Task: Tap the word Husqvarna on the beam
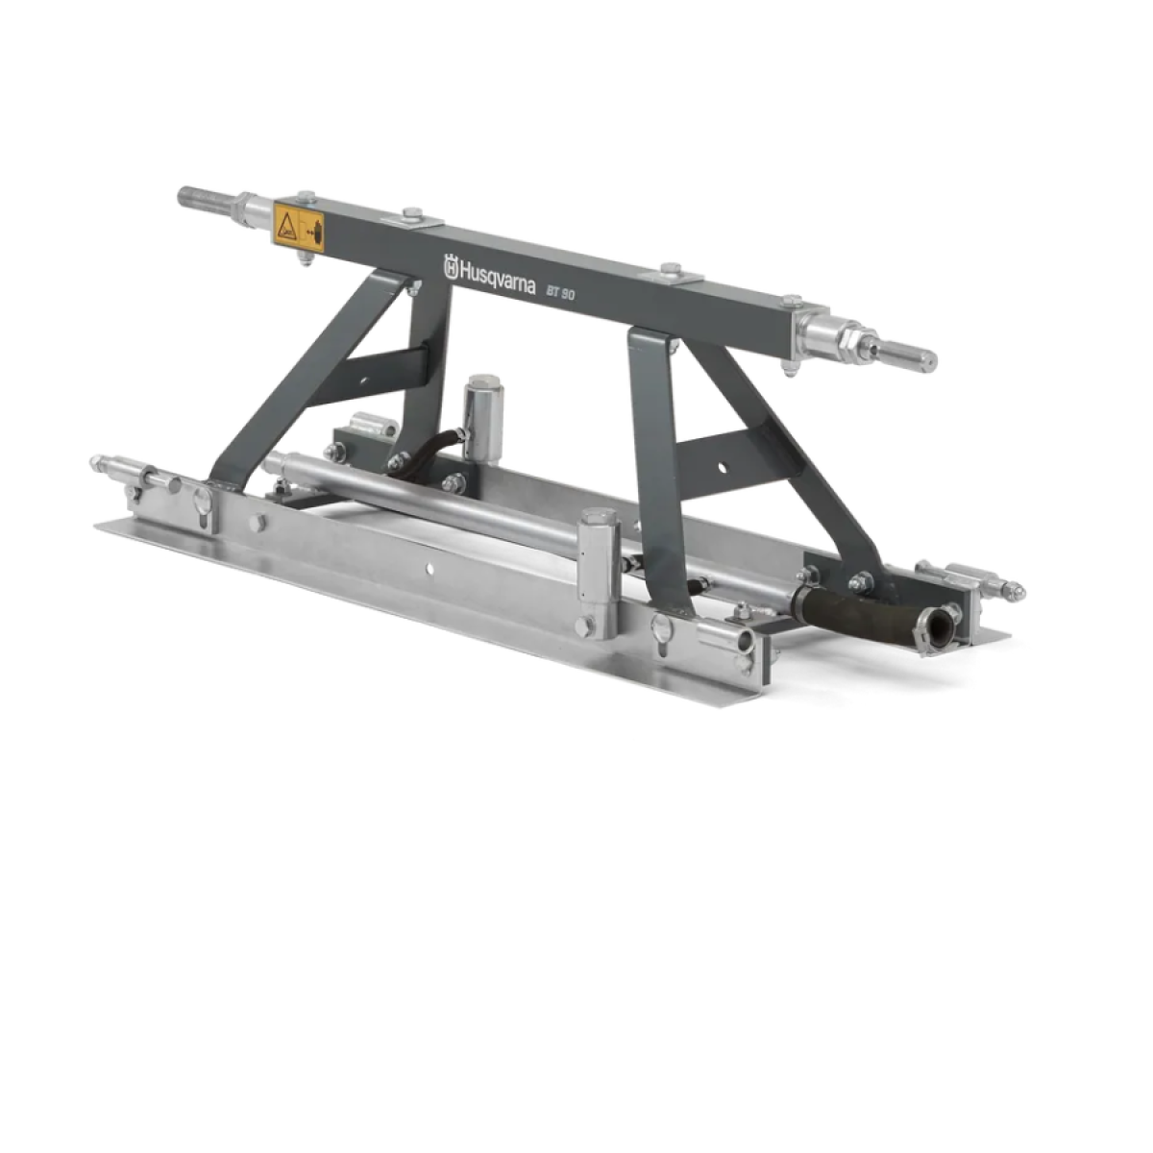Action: point(497,280)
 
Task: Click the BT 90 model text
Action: point(560,292)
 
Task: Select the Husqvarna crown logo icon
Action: point(450,265)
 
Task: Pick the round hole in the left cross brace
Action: point(362,379)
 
